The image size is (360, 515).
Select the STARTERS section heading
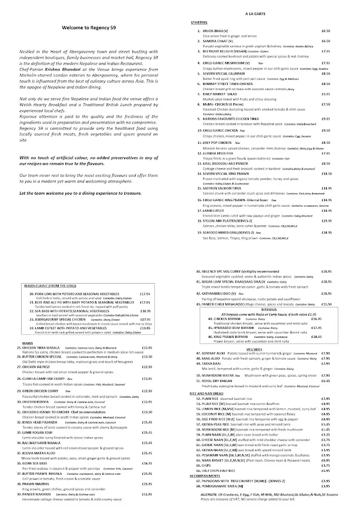(200, 23)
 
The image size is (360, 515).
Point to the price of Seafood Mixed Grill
(326, 233)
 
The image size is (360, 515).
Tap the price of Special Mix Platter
(326, 221)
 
